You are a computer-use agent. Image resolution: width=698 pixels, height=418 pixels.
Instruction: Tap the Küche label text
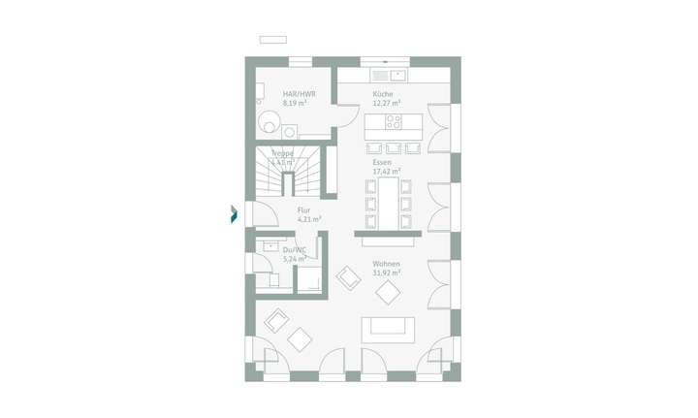pos(384,94)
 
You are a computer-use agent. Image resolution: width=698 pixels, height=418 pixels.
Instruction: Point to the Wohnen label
pos(386,264)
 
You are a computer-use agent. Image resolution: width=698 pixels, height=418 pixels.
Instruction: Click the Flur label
pos(303,210)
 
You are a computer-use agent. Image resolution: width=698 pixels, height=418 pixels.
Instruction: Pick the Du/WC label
pos(294,250)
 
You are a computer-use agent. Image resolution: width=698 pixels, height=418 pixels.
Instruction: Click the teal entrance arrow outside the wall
pos(234,214)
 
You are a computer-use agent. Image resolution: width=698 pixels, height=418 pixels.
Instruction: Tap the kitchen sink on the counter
pos(396,75)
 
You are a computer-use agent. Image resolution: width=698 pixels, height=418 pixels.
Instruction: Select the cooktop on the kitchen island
pos(394,122)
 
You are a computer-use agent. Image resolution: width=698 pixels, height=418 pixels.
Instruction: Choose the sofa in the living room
pos(388,328)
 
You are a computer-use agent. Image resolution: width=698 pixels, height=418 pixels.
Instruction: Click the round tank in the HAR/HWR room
pos(270,120)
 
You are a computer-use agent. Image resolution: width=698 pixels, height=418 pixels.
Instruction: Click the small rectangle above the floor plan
pos(272,40)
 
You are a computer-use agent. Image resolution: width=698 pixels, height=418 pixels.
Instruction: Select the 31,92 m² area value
pos(386,273)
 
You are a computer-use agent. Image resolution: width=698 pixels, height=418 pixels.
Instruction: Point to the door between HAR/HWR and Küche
pos(343,114)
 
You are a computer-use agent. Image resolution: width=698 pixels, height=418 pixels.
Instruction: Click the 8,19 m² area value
pos(294,103)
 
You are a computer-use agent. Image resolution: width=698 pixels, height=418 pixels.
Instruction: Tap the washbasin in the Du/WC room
pos(270,247)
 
